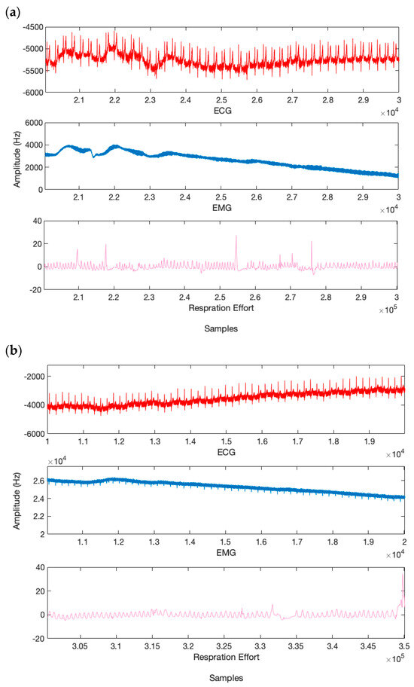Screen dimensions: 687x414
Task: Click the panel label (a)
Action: point(12,10)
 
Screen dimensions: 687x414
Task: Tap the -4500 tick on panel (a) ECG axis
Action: point(29,27)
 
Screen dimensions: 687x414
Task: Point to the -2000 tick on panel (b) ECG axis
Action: point(29,377)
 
